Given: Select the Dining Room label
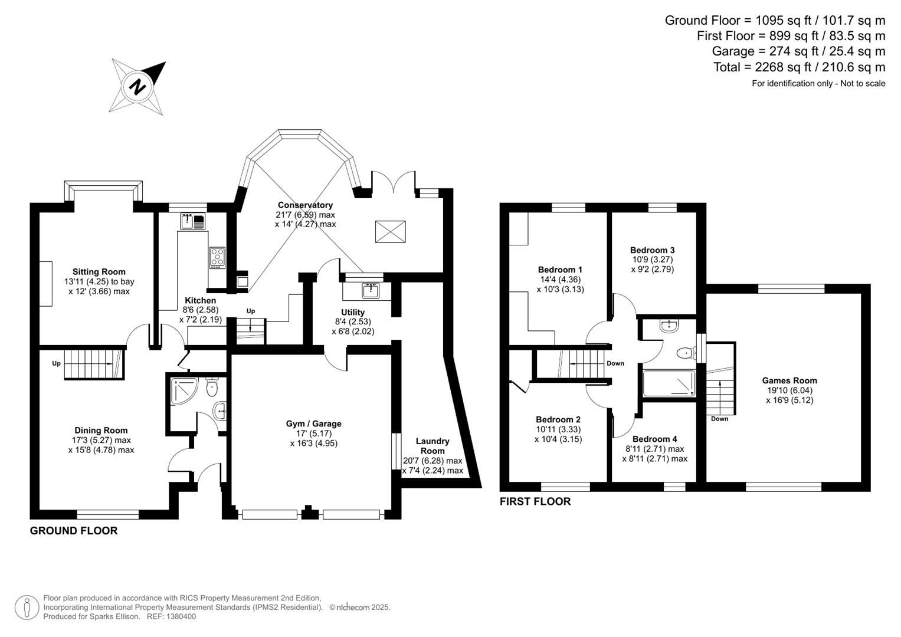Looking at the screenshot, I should point(101,431).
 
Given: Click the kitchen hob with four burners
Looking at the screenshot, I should point(217,258).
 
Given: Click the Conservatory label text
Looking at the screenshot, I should point(305,205).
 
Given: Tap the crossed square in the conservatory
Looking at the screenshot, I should point(391,231).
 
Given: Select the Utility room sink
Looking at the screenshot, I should point(371,290).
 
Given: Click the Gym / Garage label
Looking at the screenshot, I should point(313,423).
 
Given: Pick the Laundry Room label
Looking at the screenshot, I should point(433,446).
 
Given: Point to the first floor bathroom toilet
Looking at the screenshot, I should point(684,353).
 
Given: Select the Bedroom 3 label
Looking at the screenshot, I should point(652,250).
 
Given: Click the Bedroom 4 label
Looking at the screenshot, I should point(654,439).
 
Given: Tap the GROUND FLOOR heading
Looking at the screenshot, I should point(74,531).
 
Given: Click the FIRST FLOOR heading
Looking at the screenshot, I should point(535,502).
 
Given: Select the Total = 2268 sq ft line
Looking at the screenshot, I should point(799,67).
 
